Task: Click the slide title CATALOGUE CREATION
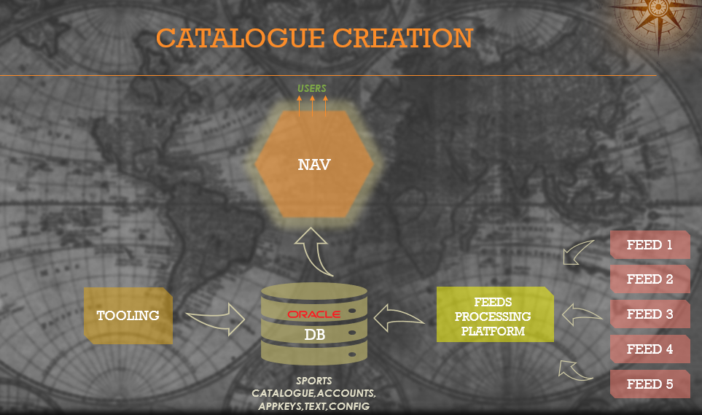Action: pos(314,38)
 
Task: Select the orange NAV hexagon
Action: pos(314,165)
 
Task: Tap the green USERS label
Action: pos(312,89)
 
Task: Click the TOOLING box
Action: pos(128,316)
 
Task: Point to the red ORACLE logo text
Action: pos(313,314)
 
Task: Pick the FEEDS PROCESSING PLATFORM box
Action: pos(494,316)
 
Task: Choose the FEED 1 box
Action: pos(650,245)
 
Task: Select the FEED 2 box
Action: pos(650,279)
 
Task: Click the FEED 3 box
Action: pos(650,314)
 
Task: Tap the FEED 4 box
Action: pos(650,349)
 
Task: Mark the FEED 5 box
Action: pos(650,384)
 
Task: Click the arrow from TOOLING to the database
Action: pos(217,318)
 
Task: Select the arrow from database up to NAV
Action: pos(315,251)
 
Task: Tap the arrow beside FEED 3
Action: pos(582,316)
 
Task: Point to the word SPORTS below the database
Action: pos(313,381)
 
